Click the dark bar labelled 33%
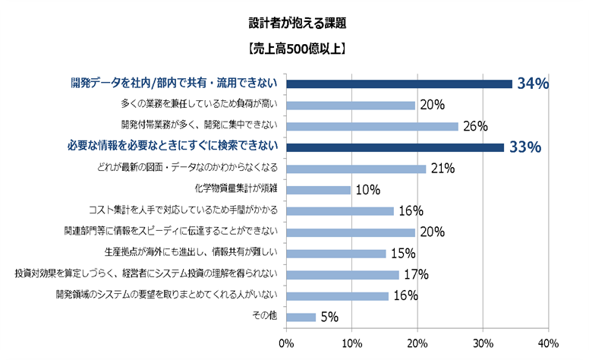pos(395,147)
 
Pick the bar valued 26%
pos(373,126)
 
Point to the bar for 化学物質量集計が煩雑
pos(319,190)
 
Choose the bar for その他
pos(301,317)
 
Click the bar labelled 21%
pos(356,169)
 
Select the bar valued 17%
pos(343,274)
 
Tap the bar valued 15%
pos(336,253)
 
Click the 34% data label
pos(533,84)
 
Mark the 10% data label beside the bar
pos(367,190)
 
